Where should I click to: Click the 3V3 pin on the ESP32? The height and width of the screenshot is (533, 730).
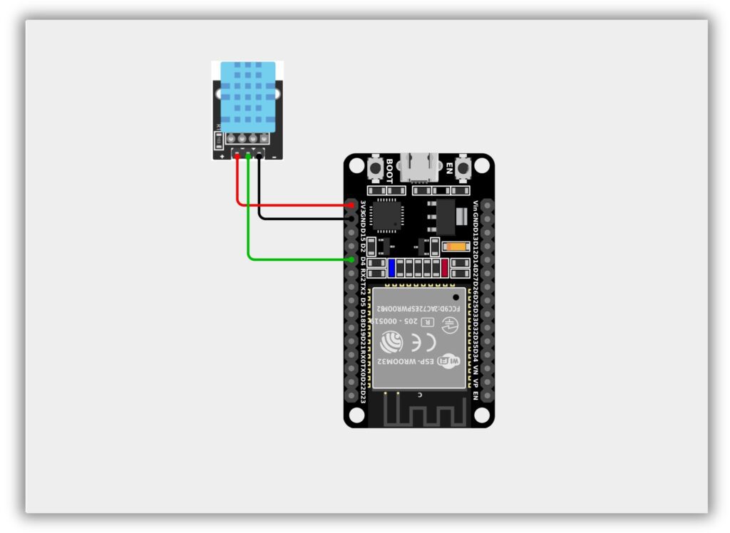[351, 205]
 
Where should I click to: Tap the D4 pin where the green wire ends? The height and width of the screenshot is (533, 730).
[351, 260]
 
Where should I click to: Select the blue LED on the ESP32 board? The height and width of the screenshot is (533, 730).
[391, 268]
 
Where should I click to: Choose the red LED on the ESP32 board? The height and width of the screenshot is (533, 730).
[445, 268]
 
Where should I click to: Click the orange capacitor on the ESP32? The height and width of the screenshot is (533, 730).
[455, 247]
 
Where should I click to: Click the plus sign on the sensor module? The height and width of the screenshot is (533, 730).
[222, 155]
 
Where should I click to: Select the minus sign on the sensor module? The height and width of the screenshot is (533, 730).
[274, 155]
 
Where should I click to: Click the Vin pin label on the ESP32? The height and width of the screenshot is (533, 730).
[475, 206]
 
